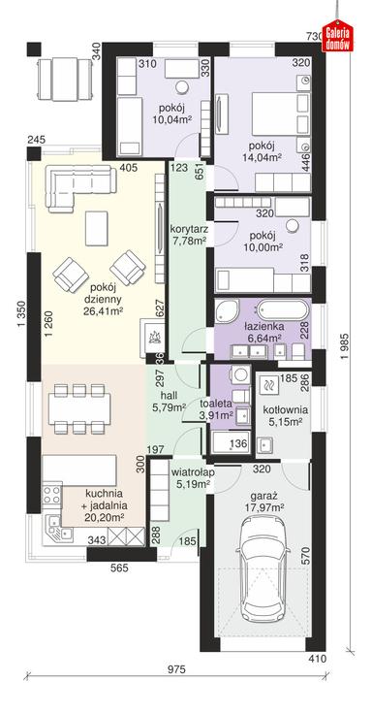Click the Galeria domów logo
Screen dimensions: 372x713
[337, 36]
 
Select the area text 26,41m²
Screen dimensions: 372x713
[105, 311]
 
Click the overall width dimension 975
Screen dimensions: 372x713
[177, 669]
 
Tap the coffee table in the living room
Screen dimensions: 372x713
[96, 228]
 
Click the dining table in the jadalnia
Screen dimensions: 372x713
[79, 407]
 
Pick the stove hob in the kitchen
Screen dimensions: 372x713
[51, 495]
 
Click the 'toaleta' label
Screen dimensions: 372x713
[218, 403]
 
